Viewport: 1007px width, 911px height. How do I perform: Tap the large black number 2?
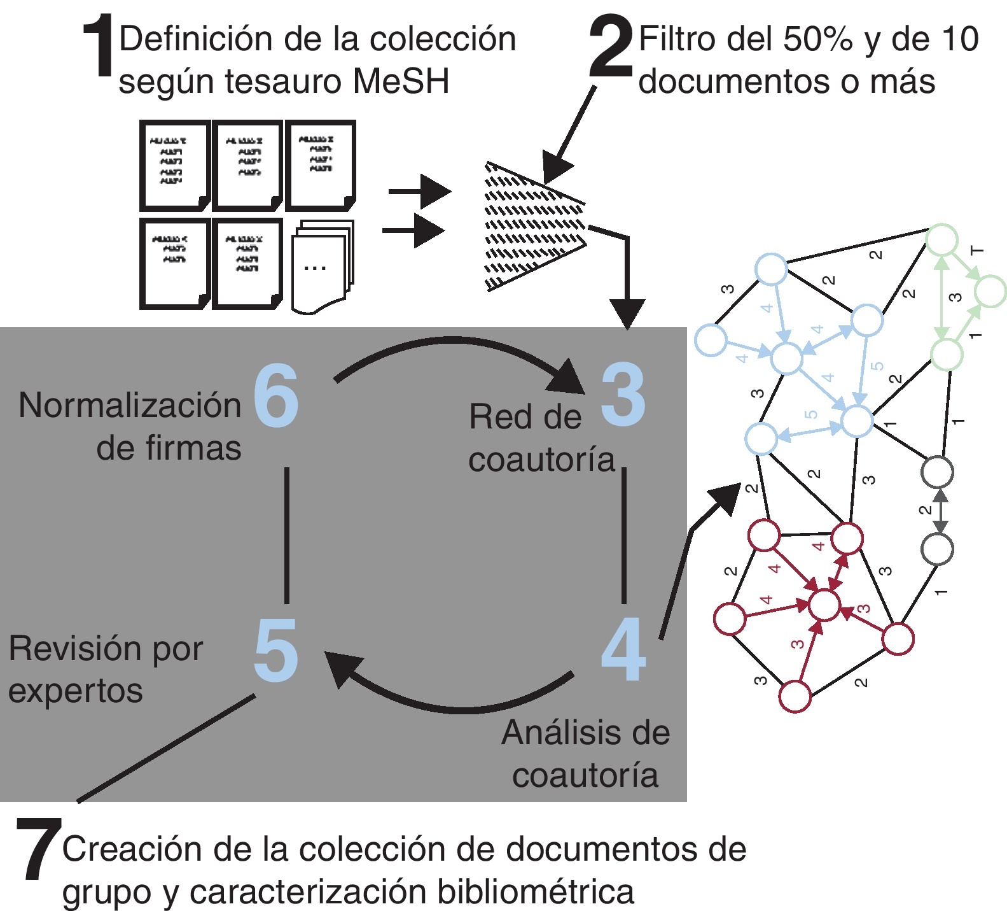coord(611,48)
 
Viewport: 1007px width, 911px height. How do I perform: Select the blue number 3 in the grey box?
coord(623,395)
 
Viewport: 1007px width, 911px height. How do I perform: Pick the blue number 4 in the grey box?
coord(623,649)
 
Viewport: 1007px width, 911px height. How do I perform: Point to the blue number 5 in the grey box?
coord(275,650)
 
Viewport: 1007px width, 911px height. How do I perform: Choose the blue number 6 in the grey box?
coord(276,395)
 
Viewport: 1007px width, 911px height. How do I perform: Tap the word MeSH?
coord(401,81)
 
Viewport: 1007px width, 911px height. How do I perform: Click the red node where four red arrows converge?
coord(824,604)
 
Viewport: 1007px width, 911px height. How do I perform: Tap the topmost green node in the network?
coord(942,240)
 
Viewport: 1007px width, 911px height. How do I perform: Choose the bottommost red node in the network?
coord(795,696)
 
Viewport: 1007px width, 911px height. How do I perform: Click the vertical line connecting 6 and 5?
coord(287,535)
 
